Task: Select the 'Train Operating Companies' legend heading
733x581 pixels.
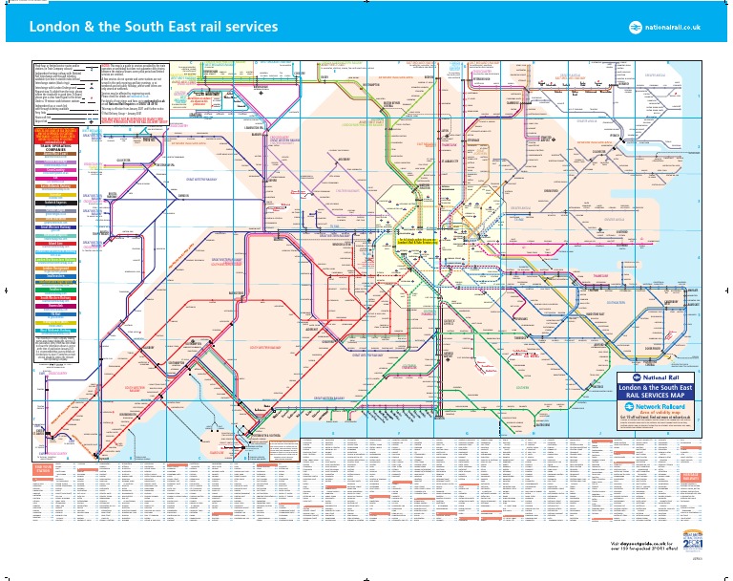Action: click(52, 148)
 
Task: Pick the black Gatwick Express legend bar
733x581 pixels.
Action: click(52, 204)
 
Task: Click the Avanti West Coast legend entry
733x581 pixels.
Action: click(52, 155)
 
